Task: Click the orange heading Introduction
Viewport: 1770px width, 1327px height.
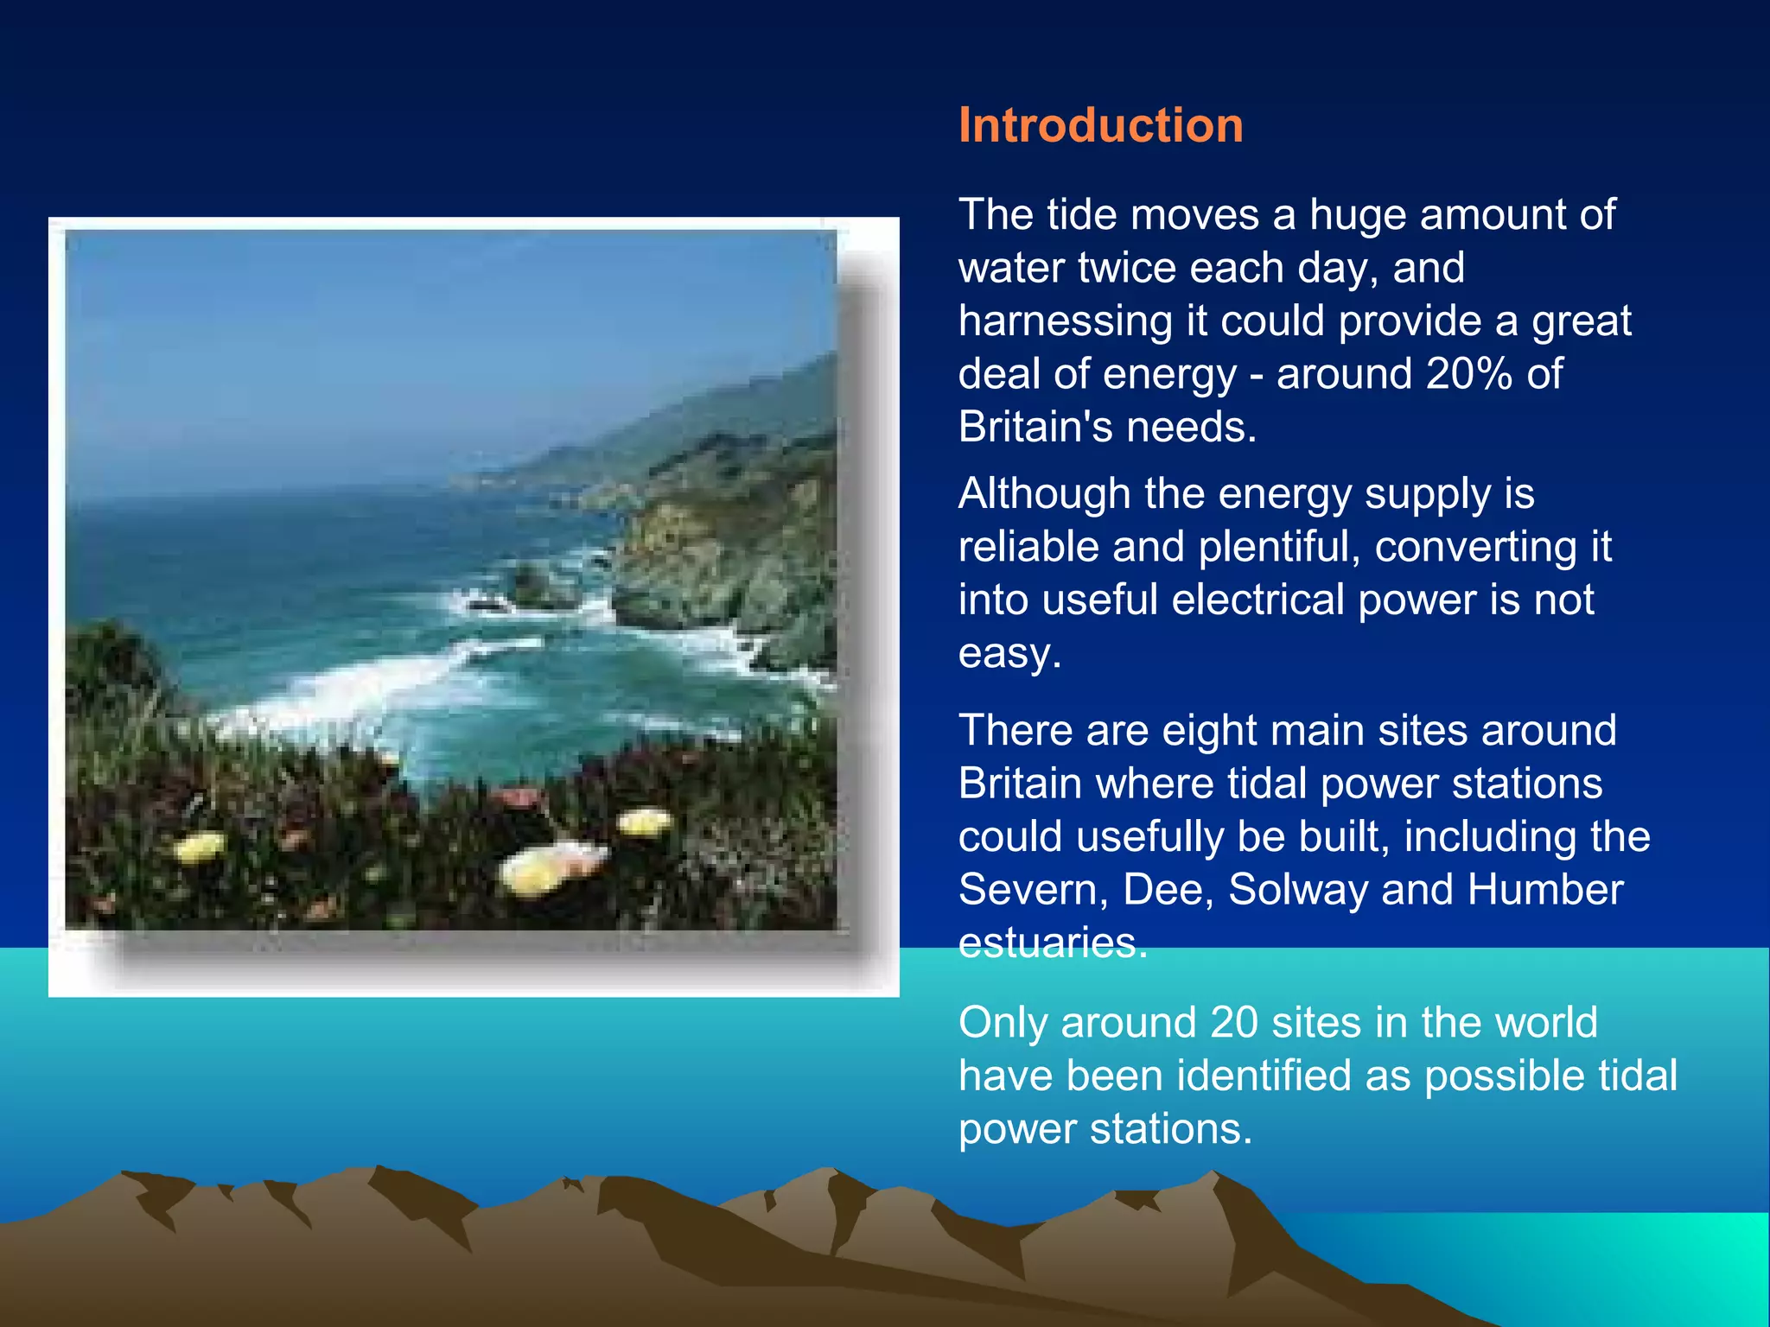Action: (1100, 125)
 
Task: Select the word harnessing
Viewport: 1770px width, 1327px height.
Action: (1065, 321)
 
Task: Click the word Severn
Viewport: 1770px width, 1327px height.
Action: (1028, 889)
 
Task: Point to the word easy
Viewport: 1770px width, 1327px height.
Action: (1007, 654)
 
